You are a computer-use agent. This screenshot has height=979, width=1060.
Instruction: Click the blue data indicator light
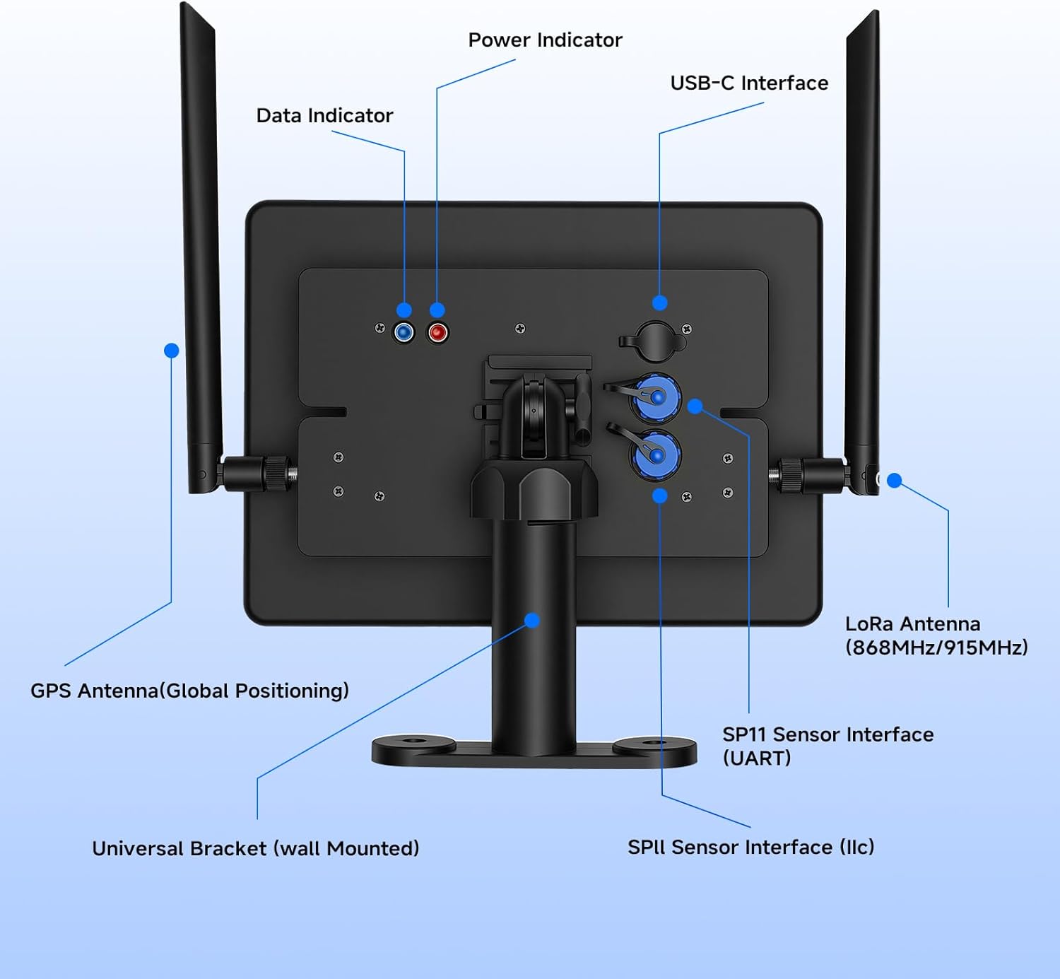coord(404,332)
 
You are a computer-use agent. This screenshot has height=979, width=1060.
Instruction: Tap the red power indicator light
coord(437,332)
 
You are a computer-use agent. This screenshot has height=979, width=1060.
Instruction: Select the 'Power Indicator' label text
coord(545,40)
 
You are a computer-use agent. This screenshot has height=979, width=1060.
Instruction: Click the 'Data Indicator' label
coord(324,116)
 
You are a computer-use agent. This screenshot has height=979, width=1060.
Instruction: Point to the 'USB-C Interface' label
coord(749,83)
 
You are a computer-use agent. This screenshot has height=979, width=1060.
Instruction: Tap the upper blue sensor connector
coord(656,397)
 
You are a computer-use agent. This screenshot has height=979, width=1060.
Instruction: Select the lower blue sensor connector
coord(656,455)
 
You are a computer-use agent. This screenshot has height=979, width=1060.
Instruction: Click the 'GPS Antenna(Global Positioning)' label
coord(189,691)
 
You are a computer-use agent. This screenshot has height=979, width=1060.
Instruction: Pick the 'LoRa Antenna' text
coord(912,624)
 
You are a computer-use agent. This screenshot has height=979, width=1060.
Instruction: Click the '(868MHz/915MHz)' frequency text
coord(936,647)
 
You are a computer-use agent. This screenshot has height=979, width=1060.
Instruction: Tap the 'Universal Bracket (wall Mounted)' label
coord(255,848)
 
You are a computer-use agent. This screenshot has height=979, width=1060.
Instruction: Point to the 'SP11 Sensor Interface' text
coord(828,735)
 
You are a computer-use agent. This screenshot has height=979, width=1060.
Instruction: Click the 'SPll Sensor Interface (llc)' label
coord(750,847)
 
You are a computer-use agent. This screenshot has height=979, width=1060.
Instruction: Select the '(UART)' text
coord(756,758)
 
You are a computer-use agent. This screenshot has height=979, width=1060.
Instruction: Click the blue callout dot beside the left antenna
coord(171,351)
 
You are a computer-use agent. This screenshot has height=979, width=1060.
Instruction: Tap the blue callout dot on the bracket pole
coord(532,620)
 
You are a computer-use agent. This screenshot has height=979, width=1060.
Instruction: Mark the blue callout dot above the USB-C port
coord(659,303)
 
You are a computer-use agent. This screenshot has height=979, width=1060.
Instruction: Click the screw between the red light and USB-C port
coord(520,328)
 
